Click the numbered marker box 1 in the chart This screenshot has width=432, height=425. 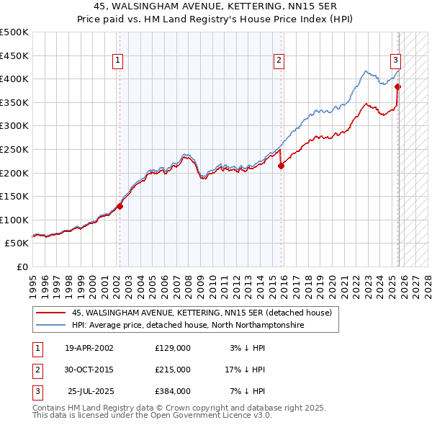coord(117,61)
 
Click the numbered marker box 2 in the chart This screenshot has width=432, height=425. coord(279,61)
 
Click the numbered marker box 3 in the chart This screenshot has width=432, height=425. coord(395,61)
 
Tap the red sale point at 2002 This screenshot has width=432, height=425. coord(120,206)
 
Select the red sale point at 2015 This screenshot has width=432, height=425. coord(282,166)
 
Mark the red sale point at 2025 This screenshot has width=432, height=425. coord(398,86)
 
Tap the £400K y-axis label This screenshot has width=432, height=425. coord(14,79)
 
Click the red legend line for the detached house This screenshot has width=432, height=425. coord(50,313)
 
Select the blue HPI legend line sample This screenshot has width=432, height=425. coord(50,326)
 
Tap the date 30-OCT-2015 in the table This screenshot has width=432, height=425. coord(89,370)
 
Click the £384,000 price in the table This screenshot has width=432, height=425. coord(172,391)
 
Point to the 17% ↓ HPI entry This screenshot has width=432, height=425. coord(245,370)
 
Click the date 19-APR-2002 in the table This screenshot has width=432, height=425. coord(89,348)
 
